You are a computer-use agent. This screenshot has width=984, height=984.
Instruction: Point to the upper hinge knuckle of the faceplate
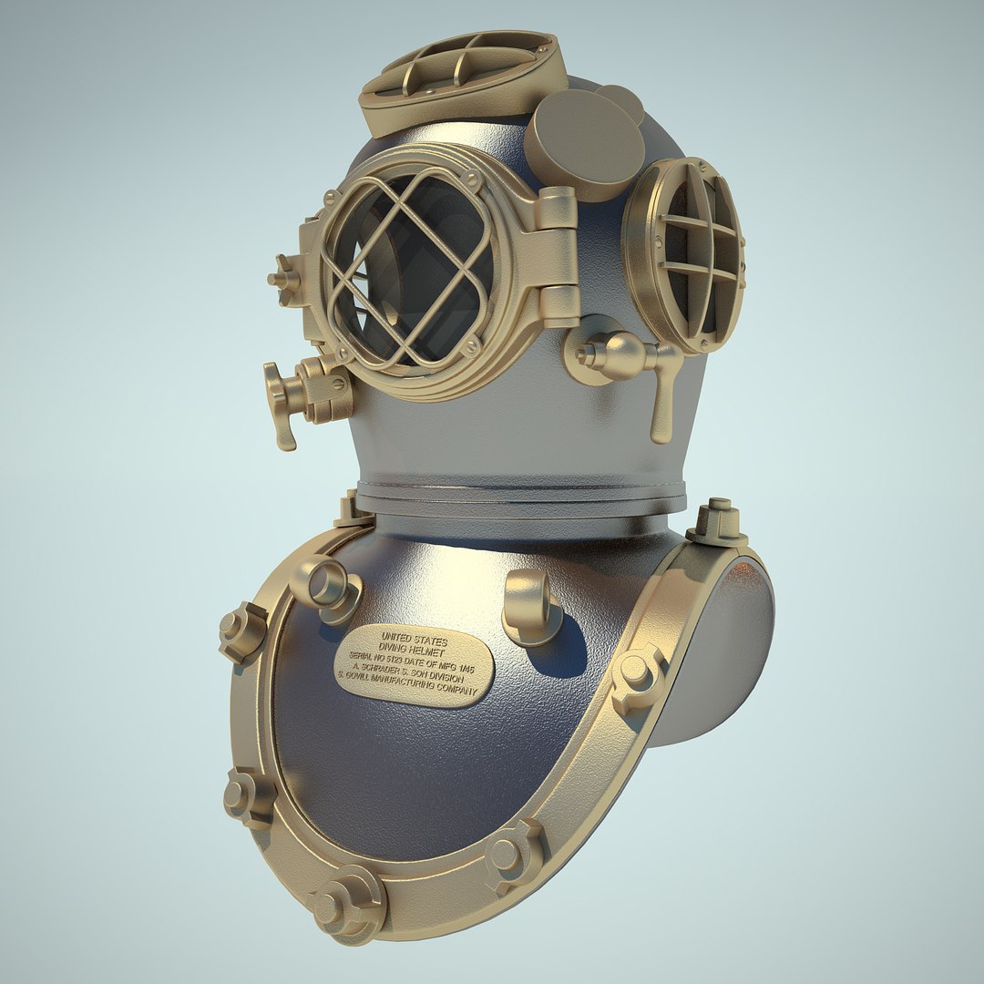(x=557, y=209)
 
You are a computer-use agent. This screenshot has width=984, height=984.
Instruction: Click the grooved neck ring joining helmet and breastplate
(x=520, y=497)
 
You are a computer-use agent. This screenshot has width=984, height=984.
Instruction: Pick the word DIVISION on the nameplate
(x=445, y=680)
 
